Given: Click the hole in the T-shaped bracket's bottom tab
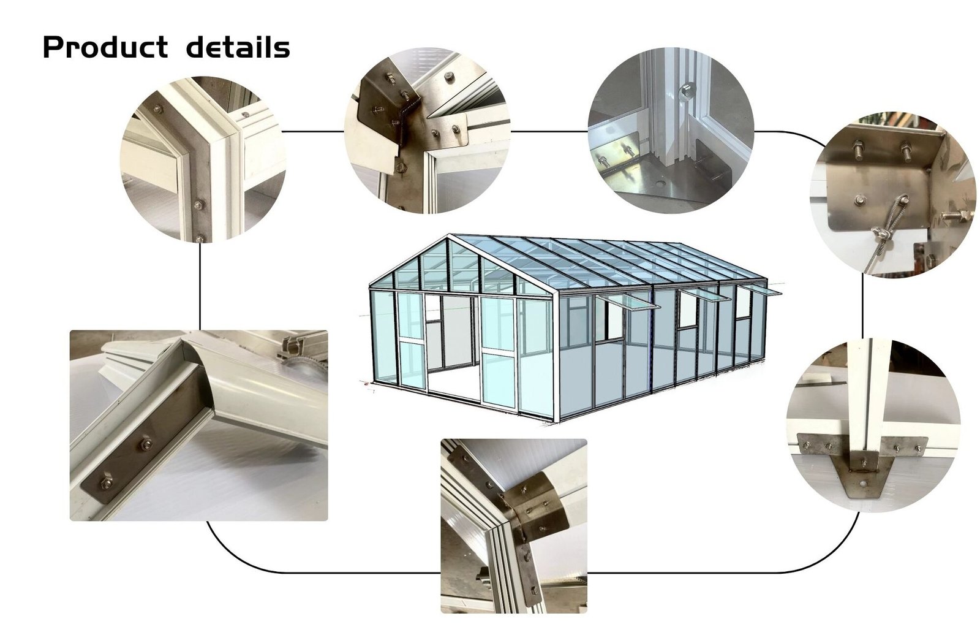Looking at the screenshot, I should click(863, 482).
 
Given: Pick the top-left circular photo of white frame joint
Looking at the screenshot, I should click(203, 159).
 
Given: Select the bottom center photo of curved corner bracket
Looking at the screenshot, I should click(513, 525).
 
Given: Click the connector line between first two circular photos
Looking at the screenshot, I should click(312, 131).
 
